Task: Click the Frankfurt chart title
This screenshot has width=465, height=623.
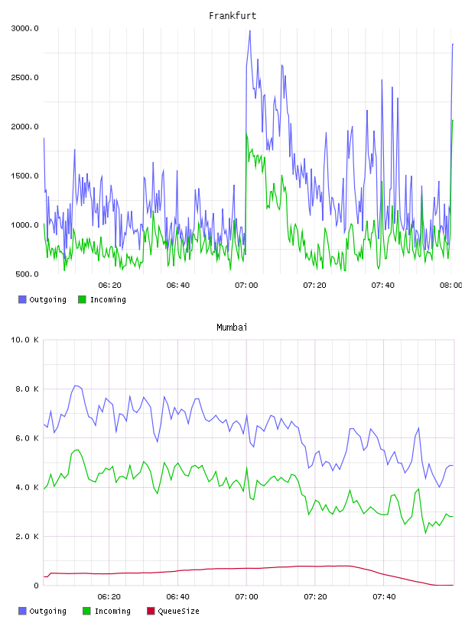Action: (232, 16)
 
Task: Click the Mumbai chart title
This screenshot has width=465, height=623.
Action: (232, 328)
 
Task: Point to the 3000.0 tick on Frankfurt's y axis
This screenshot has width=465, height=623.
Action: (25, 28)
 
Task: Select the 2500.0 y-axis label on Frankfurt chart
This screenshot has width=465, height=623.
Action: (25, 77)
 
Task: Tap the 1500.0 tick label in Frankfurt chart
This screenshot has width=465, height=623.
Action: (25, 176)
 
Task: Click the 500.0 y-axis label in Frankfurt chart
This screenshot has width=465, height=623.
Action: (27, 274)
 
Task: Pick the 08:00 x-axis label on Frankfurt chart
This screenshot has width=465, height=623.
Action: (451, 286)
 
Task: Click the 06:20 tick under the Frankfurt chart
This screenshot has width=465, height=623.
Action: (110, 286)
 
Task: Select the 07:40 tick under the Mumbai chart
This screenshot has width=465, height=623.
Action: (384, 597)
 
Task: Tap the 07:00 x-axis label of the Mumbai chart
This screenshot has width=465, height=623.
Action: (246, 597)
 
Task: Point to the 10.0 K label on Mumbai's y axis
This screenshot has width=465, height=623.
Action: (25, 340)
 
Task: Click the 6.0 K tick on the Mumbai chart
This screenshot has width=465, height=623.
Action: (27, 438)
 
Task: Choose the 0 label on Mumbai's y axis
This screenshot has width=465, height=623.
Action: (36, 586)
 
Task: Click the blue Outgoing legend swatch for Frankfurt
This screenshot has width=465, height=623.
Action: (22, 299)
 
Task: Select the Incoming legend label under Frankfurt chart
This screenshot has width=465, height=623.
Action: (108, 300)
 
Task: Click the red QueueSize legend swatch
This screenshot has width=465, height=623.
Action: (151, 611)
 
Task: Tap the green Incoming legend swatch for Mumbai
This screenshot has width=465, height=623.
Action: (86, 611)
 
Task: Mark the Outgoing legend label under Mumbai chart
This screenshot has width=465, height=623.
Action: (47, 612)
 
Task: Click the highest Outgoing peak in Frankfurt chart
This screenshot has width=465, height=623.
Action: (249, 31)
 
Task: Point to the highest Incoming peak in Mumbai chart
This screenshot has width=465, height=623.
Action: (78, 450)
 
